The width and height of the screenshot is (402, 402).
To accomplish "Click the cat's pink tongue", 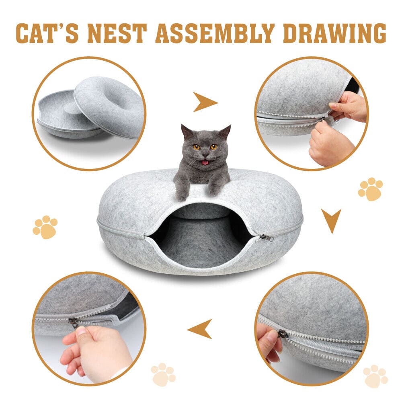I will [x=205, y=162].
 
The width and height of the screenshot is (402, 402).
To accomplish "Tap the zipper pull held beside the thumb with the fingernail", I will [x=74, y=322].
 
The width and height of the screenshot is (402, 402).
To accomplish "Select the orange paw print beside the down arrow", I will [x=370, y=189].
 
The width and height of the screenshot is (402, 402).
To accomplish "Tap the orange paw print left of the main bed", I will [x=45, y=227].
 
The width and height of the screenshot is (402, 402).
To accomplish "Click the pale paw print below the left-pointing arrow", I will [x=163, y=374].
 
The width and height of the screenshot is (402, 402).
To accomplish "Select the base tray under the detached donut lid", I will [x=60, y=117].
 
